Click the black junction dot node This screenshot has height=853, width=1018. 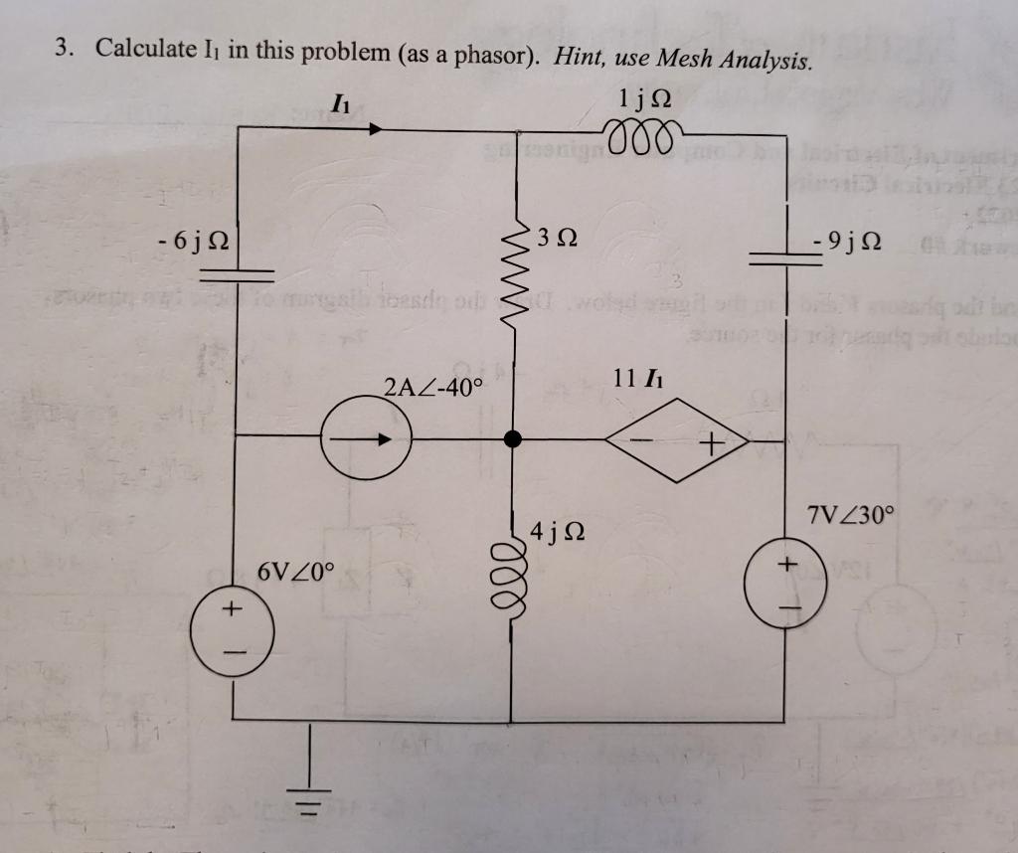point(513,438)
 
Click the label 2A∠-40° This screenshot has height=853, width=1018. point(431,388)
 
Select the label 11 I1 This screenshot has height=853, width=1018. point(638,378)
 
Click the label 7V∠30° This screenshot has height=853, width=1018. point(851,517)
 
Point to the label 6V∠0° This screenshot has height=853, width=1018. point(296,572)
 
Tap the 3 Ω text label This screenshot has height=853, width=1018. point(555,239)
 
